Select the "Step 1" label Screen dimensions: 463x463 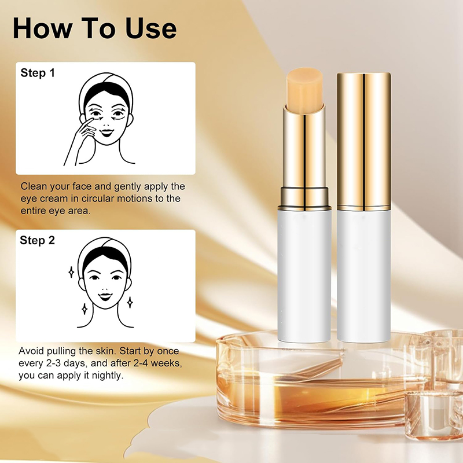(x=38, y=73)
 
